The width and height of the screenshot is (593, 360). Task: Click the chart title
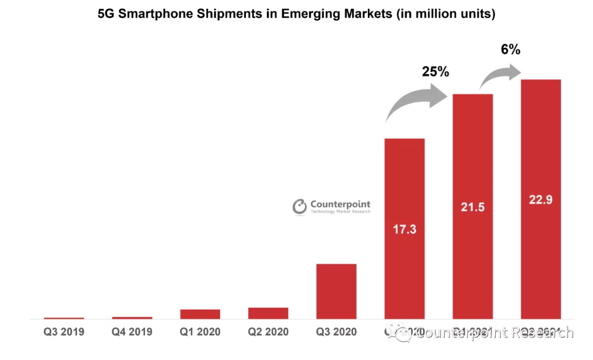296,14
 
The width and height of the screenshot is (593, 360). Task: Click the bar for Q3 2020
337,291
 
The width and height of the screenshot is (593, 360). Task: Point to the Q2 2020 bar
268,313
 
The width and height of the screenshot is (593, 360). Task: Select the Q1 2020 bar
200,314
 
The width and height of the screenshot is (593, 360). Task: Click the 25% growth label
435,71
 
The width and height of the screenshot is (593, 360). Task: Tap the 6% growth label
510,49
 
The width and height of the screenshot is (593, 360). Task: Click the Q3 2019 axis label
64,332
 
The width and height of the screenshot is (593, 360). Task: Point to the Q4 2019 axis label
132,332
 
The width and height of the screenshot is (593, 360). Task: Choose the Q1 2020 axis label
200,332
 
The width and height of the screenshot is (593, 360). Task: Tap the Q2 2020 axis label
268,332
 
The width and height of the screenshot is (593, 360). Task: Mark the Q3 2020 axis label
337,332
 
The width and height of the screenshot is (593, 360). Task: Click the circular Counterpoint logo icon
300,206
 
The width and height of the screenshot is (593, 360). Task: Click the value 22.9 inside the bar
541,200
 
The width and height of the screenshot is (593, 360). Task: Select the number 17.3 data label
405,229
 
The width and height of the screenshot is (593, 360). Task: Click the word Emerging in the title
309,14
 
